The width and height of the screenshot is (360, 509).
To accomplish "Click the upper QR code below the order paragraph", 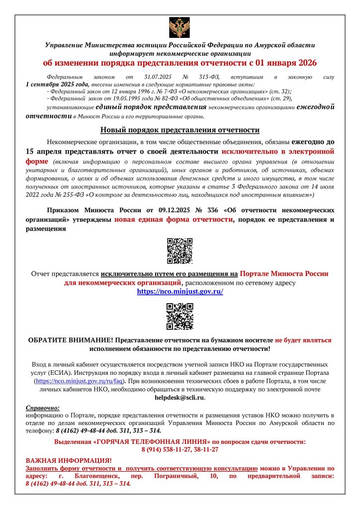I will (x=180, y=251).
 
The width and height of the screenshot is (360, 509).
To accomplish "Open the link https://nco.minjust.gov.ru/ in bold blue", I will (x=180, y=292).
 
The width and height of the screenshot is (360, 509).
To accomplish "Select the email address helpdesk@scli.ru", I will (x=180, y=398).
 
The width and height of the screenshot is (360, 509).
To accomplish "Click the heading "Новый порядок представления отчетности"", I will (x=180, y=130).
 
